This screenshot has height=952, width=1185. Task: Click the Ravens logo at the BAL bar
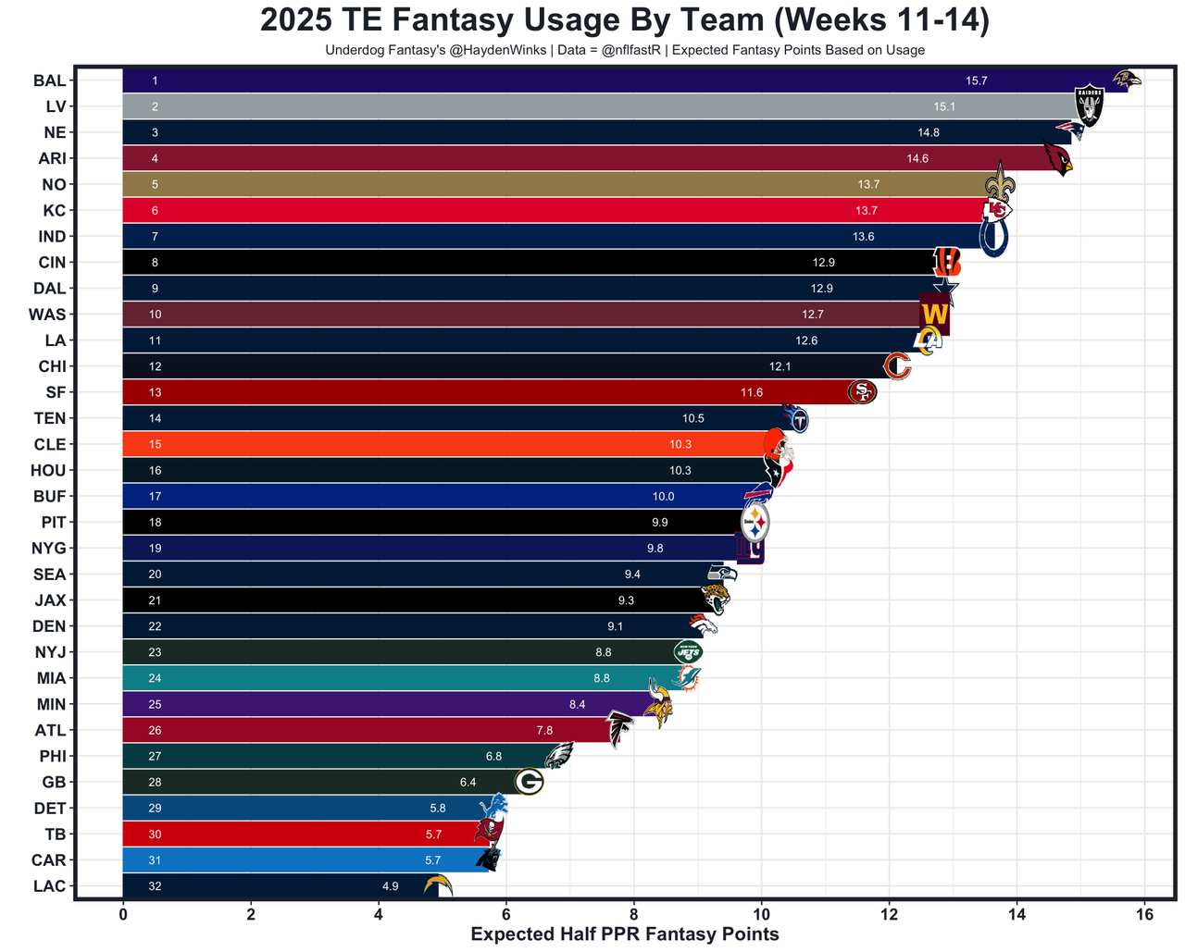click(x=1127, y=80)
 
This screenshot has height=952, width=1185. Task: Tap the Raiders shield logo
click(x=1088, y=105)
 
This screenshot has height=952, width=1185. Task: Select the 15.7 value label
click(x=976, y=81)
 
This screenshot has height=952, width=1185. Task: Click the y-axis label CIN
click(x=51, y=263)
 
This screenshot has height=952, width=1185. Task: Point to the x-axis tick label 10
click(x=761, y=914)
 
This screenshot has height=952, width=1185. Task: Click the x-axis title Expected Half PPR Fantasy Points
click(x=625, y=934)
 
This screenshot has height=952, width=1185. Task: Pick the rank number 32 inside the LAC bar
click(x=155, y=886)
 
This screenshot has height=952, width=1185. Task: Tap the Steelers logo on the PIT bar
click(x=755, y=524)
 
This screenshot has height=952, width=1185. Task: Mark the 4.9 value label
click(x=390, y=886)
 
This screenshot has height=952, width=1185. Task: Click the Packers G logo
click(x=530, y=783)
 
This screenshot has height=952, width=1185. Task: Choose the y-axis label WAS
click(x=47, y=315)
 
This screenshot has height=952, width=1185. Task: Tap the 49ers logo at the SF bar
click(x=862, y=392)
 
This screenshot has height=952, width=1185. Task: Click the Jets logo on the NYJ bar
click(x=688, y=652)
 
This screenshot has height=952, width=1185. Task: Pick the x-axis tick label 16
click(x=1144, y=914)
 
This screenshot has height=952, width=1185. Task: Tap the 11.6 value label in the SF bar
click(x=752, y=393)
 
